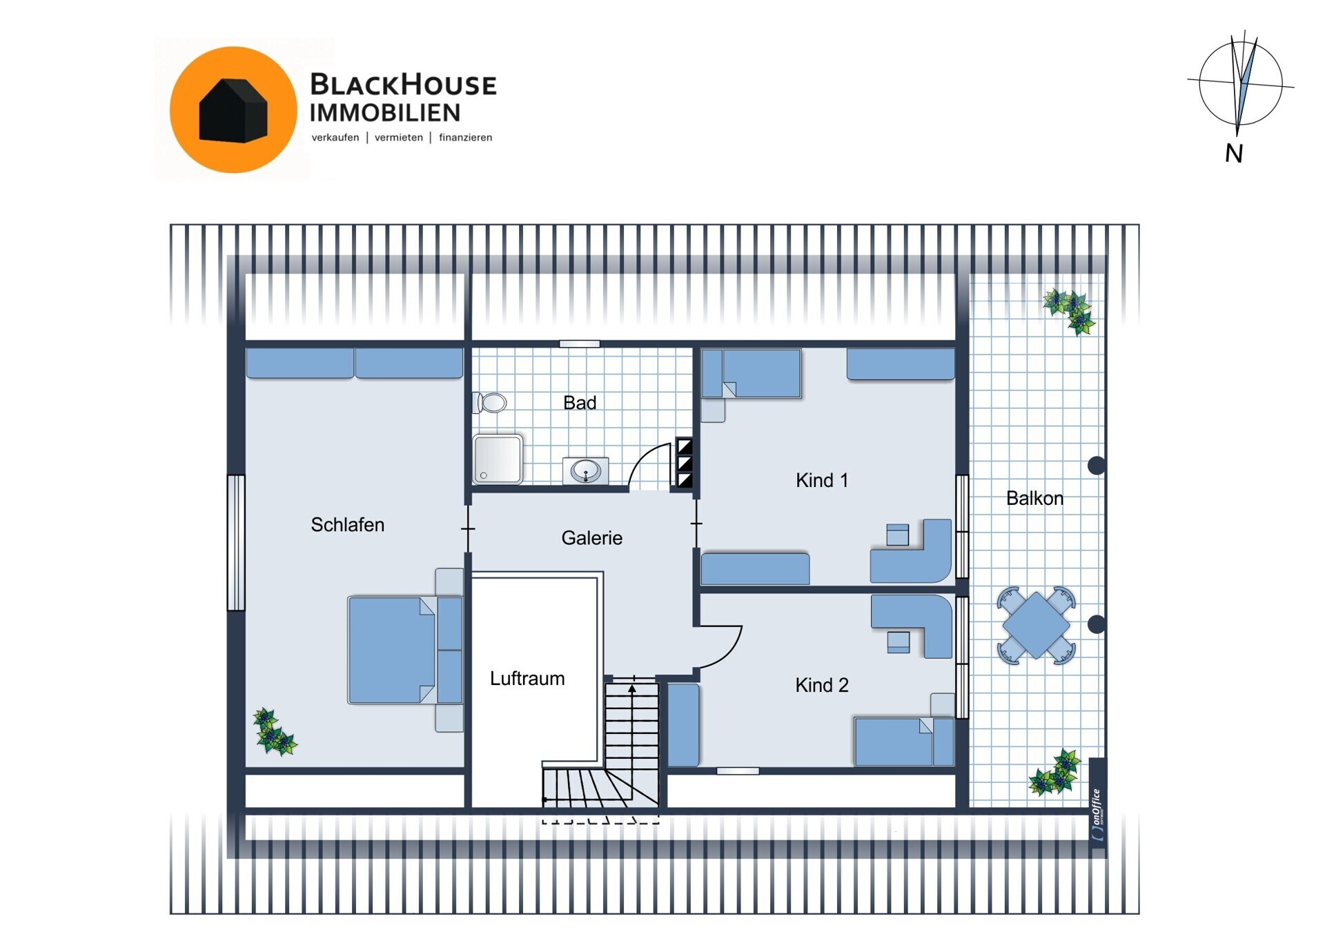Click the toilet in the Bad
pos(490,403)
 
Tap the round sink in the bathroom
pos(586,472)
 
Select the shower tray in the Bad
pos(498,459)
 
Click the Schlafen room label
pos(347,525)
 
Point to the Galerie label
pos(591,538)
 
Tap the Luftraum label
pos(527,679)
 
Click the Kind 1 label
pos(821,480)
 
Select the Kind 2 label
pos(821,685)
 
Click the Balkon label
pos(1034,498)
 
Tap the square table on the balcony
pos(1036,625)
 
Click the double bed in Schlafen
pos(405,650)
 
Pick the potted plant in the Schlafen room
pos(274,732)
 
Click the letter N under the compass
pos(1234,153)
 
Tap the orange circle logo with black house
pos(233,110)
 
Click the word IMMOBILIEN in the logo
pos(384,112)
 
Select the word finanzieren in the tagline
pos(466,137)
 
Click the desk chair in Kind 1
pos(898,535)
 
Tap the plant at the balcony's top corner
pos(1070,311)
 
